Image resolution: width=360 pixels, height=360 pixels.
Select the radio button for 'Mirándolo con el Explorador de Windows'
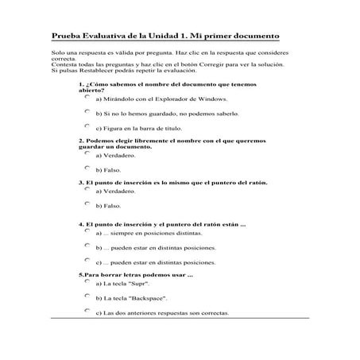tap(87, 97)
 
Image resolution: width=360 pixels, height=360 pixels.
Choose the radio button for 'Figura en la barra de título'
tap(87, 126)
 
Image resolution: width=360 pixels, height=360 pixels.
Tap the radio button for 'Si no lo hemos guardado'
tap(87, 111)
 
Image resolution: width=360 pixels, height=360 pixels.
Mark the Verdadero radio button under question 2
tap(87, 153)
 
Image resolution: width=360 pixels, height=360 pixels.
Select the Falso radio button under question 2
tap(87, 168)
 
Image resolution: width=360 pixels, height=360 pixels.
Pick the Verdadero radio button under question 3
tap(87, 189)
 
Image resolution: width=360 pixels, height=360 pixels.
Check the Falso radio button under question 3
tap(87, 203)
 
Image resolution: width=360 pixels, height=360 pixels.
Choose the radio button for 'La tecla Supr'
tap(87, 281)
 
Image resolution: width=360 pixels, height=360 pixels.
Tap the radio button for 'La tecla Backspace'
tap(87, 296)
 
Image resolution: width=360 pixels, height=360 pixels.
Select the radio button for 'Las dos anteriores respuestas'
tap(87, 310)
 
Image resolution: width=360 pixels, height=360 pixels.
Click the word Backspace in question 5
tap(146, 297)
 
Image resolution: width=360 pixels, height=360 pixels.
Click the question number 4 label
tap(82, 223)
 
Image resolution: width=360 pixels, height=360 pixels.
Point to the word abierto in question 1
tap(93, 90)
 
